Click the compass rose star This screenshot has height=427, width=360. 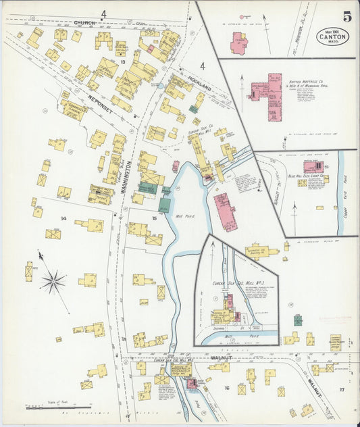pyautogui.click(x=53, y=281)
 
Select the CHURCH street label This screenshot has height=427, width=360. pyautogui.click(x=84, y=22)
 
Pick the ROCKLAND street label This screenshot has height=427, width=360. pyautogui.click(x=201, y=87)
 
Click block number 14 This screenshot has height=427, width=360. pyautogui.click(x=63, y=218)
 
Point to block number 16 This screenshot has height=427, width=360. pyautogui.click(x=227, y=388)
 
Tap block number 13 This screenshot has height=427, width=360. pyautogui.click(x=123, y=61)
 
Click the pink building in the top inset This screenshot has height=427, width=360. pyautogui.click(x=238, y=43)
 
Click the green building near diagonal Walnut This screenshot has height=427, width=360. pyautogui.click(x=298, y=320)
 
